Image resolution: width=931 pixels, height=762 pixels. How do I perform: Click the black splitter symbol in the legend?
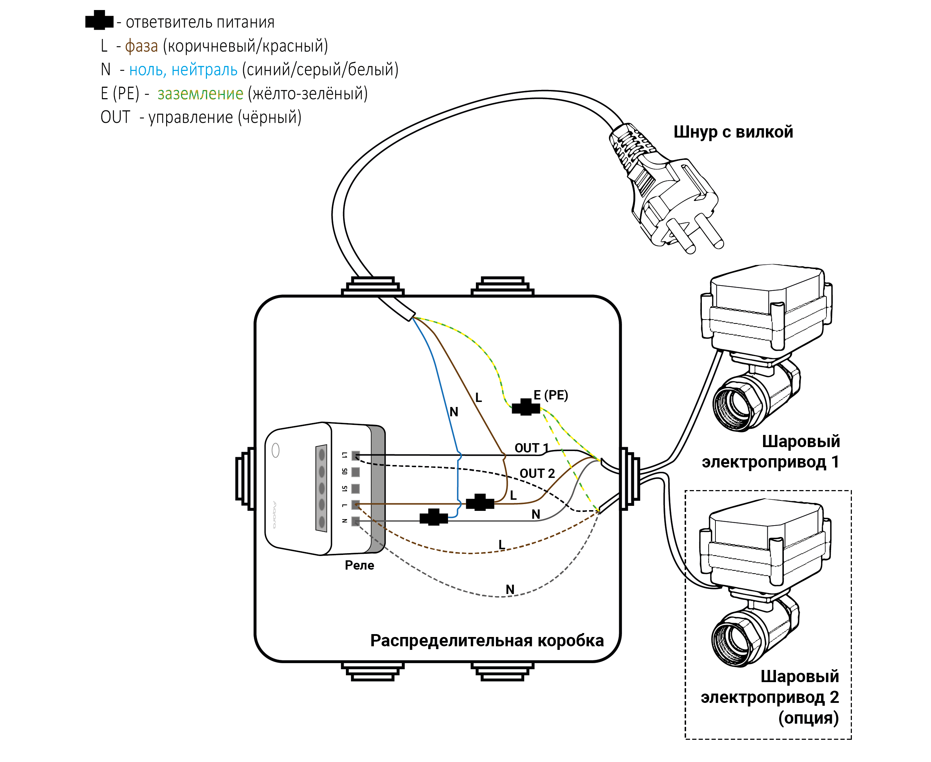coord(99,20)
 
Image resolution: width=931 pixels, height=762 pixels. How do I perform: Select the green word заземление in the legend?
coord(200,94)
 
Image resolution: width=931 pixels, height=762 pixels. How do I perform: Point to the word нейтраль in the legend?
coord(204,70)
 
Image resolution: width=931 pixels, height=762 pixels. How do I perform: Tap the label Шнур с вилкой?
coord(733,132)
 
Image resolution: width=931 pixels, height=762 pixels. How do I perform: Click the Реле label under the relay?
coord(359,565)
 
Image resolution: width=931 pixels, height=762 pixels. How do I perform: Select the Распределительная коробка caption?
coord(487,641)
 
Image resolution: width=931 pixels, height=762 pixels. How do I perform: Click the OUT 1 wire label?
coord(531,448)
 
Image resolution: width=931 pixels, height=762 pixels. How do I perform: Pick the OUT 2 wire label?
coord(537,473)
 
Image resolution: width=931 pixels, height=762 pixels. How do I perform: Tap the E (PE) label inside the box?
coord(551,395)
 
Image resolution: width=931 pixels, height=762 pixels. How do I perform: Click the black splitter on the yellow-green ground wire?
coord(526,407)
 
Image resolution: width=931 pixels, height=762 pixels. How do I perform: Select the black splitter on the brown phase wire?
coord(480,502)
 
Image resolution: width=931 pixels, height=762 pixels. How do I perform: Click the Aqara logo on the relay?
coord(275,514)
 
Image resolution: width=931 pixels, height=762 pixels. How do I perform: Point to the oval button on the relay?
coord(275,450)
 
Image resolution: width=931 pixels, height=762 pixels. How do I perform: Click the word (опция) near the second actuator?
coord(809,718)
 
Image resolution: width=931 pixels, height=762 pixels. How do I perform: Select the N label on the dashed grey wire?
coord(510,589)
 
